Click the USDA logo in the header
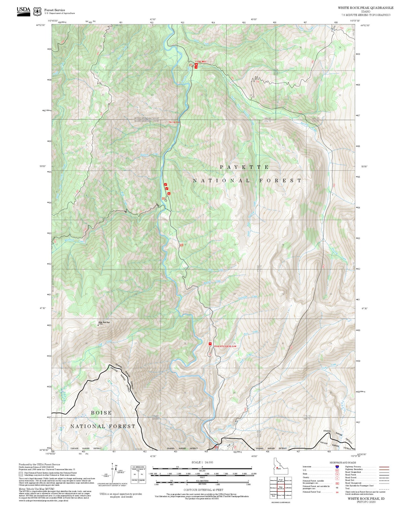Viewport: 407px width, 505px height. point(23,11)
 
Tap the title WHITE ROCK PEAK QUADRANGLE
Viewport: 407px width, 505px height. point(366,8)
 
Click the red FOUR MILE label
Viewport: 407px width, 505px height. point(201,61)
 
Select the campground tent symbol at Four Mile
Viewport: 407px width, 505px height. point(196,64)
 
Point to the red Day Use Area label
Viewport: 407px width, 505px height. point(174,122)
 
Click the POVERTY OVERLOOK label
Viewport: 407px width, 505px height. point(225,346)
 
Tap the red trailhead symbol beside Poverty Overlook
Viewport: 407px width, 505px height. point(210,344)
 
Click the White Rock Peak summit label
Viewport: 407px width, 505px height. point(104,323)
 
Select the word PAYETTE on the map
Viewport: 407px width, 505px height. point(244,167)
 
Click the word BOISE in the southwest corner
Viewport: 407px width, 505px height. point(101,413)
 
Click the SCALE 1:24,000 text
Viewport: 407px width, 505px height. point(202,462)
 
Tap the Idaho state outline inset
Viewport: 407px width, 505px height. point(281,468)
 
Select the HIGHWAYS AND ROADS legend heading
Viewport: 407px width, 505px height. point(343,462)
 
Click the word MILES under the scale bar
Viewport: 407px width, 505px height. point(202,470)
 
